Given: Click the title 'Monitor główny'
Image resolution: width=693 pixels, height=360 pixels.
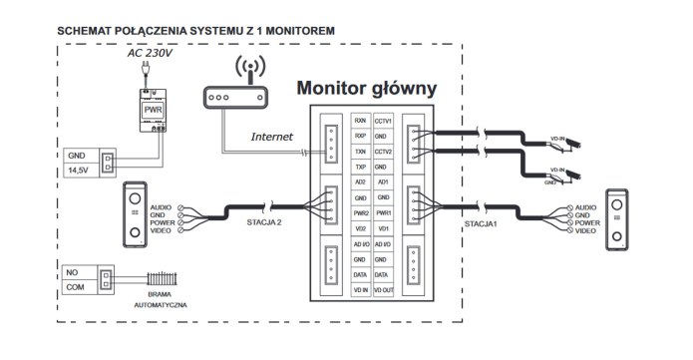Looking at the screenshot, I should click(367, 89).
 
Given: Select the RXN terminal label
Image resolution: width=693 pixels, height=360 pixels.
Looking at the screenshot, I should click(361, 119).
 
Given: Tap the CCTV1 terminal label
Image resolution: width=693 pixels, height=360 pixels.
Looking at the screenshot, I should click(383, 119).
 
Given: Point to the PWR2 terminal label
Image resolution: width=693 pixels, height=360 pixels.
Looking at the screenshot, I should click(361, 212).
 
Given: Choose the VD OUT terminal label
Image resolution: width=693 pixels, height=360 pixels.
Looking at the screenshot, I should click(383, 289).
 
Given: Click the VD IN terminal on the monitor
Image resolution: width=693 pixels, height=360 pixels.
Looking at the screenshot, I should click(361, 289).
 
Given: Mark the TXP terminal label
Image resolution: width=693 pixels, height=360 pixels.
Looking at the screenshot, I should click(361, 166).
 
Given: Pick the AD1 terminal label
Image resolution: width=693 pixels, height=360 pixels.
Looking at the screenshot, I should click(383, 182).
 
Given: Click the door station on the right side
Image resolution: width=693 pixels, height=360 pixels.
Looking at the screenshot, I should click(619, 216).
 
